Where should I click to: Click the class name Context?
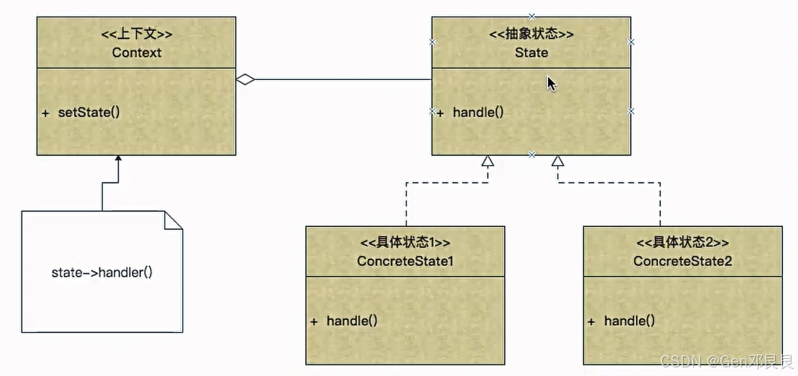[136, 52]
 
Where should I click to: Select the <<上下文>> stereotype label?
[136, 34]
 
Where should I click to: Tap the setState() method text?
[89, 113]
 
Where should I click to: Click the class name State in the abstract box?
[532, 52]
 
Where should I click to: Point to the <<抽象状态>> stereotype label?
[532, 34]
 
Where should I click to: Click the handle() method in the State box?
[478, 112]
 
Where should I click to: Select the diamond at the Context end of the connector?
[246, 80]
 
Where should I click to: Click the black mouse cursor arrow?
[551, 83]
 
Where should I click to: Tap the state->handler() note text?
[102, 272]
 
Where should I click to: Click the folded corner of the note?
[173, 220]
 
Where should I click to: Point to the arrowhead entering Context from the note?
[119, 158]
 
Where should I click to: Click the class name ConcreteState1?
[405, 261]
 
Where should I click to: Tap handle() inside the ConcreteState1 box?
[352, 321]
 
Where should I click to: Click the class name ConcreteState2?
[682, 261]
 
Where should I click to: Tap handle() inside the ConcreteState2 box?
[629, 321]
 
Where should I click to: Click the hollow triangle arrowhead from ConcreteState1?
[488, 161]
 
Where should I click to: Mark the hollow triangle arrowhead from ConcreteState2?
[558, 161]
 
